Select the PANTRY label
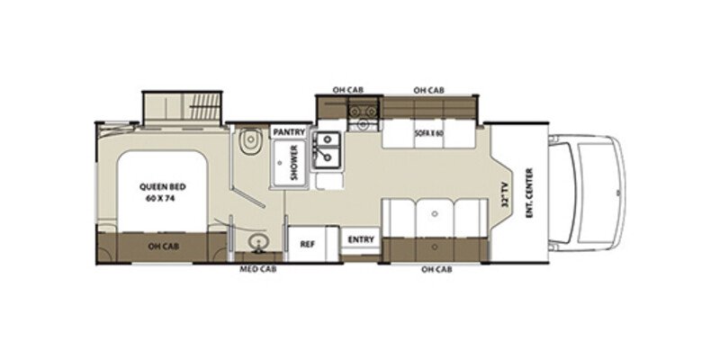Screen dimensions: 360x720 coord(290,132)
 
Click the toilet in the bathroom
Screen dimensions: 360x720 coord(251,142)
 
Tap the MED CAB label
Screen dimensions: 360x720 coord(256,269)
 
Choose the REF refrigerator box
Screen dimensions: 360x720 coord(307,243)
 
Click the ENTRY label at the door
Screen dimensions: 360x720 coord(362,239)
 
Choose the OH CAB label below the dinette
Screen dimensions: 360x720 coord(437,269)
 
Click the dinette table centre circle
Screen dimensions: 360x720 coord(435,216)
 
